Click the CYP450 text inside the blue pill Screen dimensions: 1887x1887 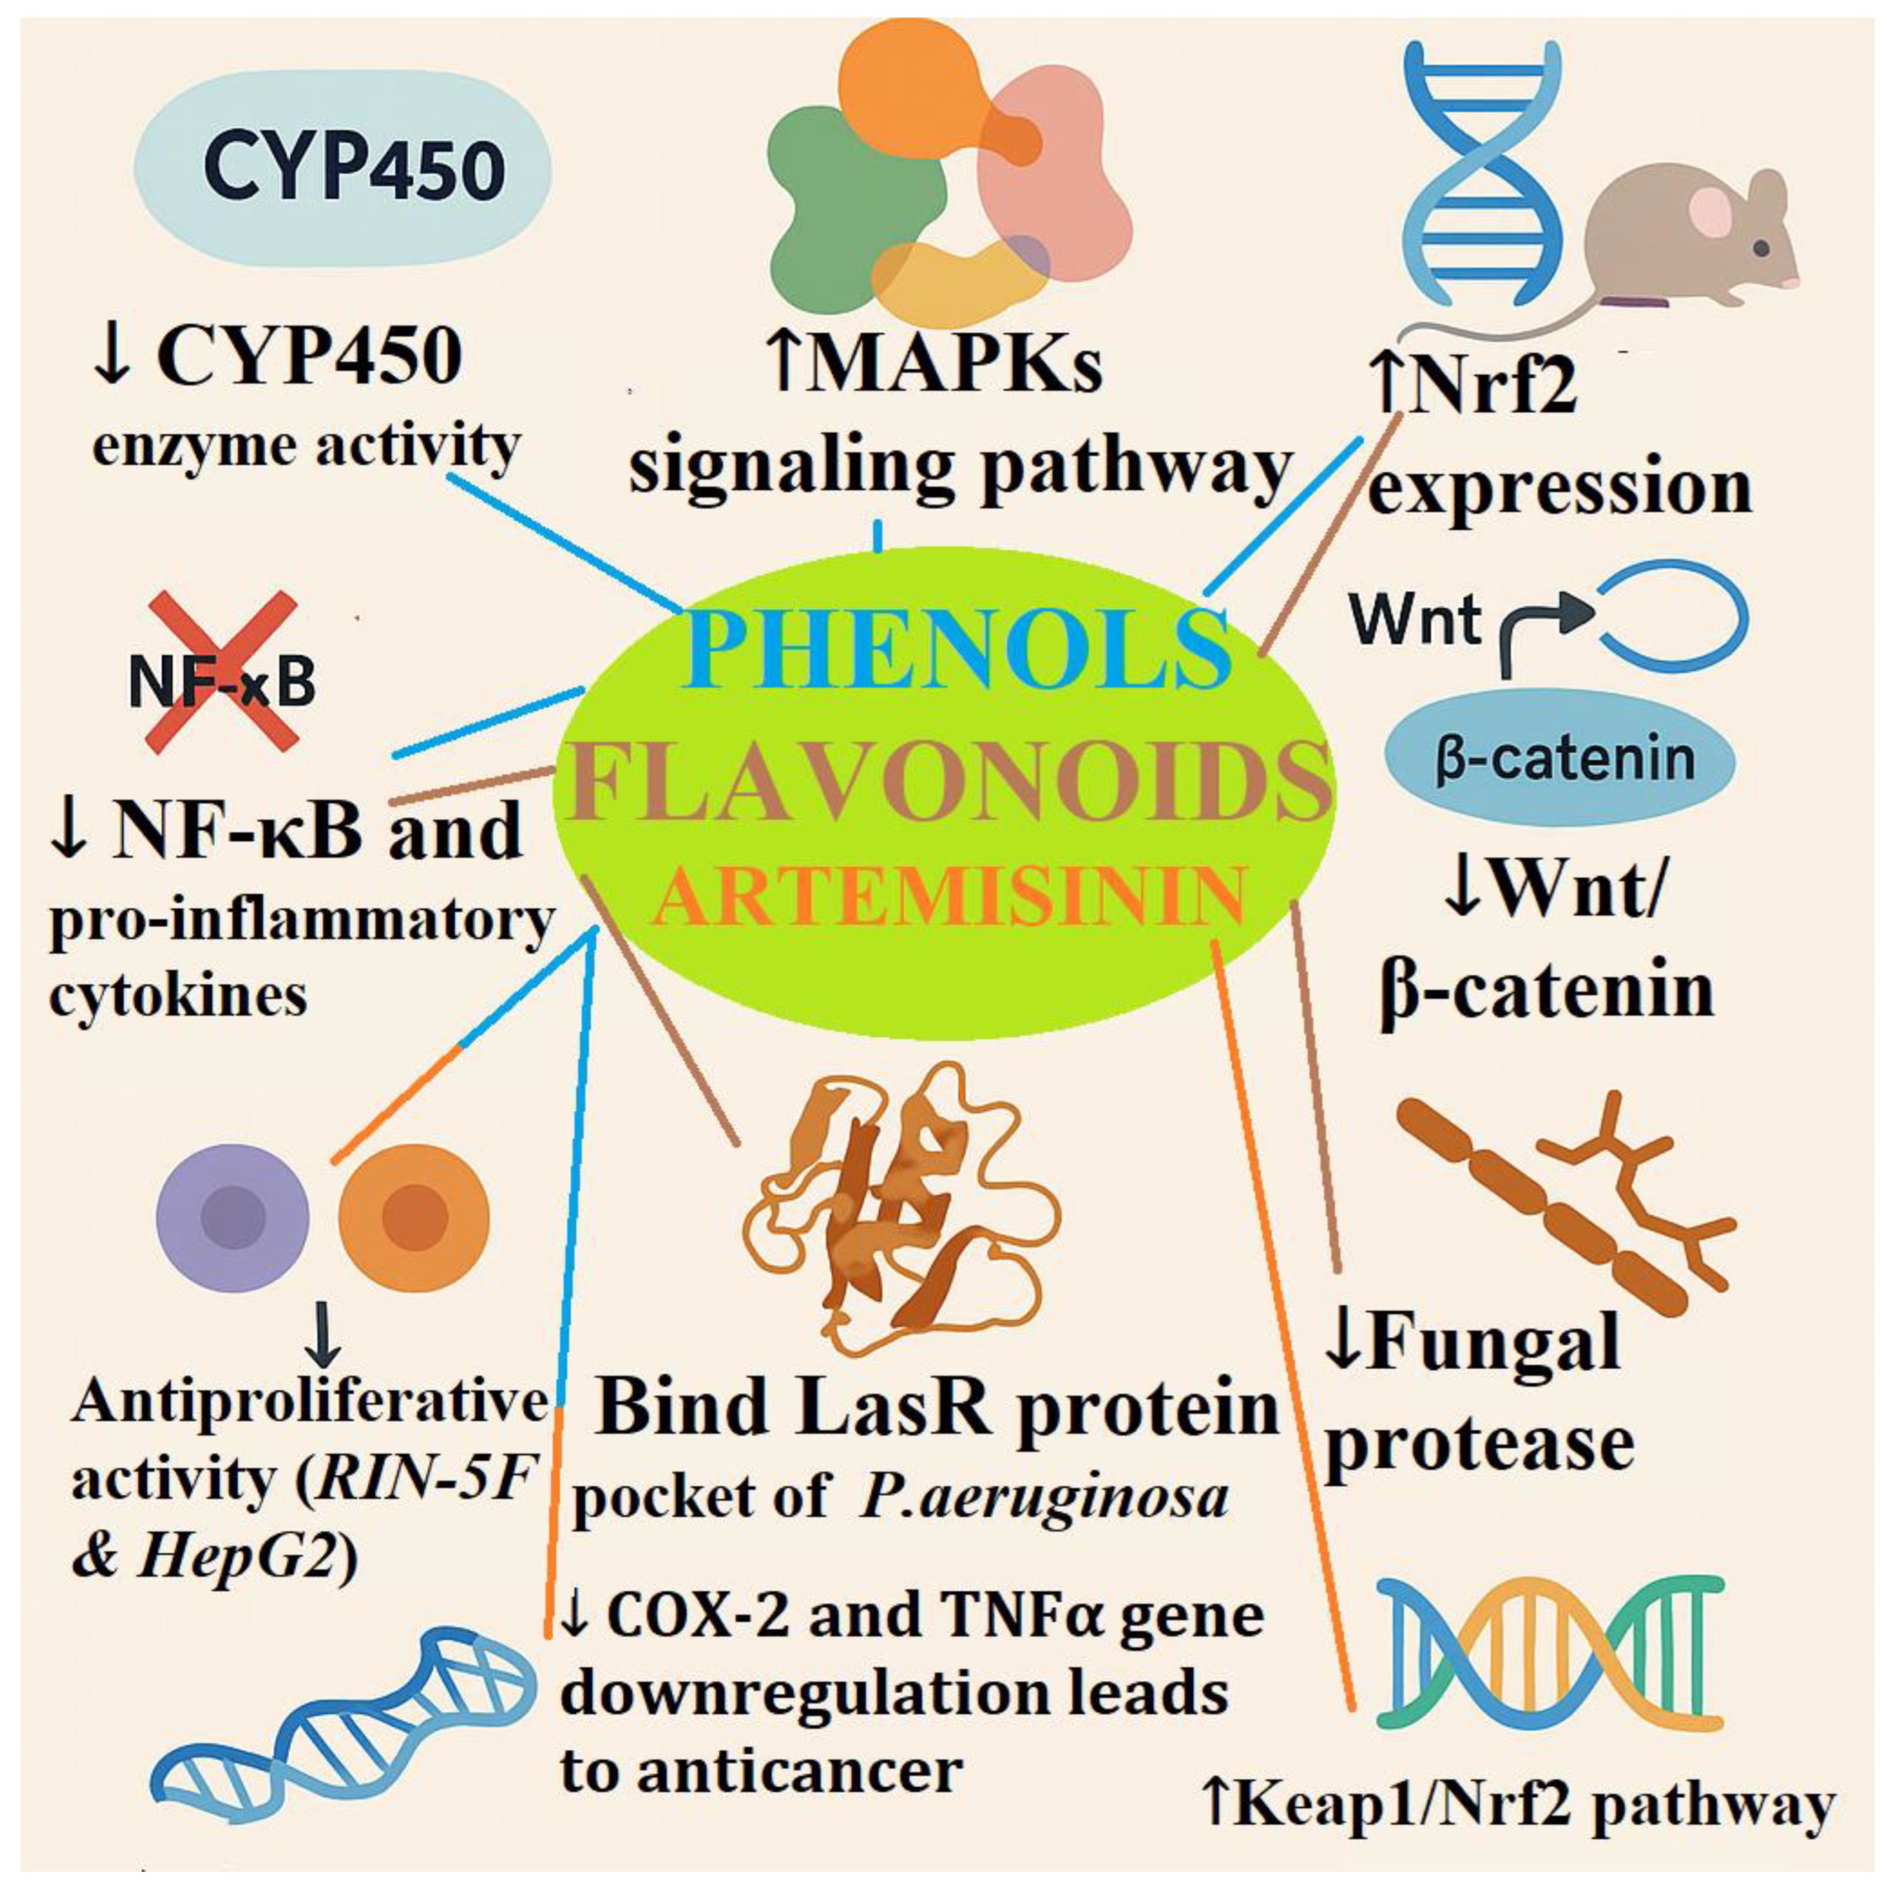[354, 168]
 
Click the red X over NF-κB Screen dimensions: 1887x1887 [223, 672]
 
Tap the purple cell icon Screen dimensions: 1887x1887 [232, 1218]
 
